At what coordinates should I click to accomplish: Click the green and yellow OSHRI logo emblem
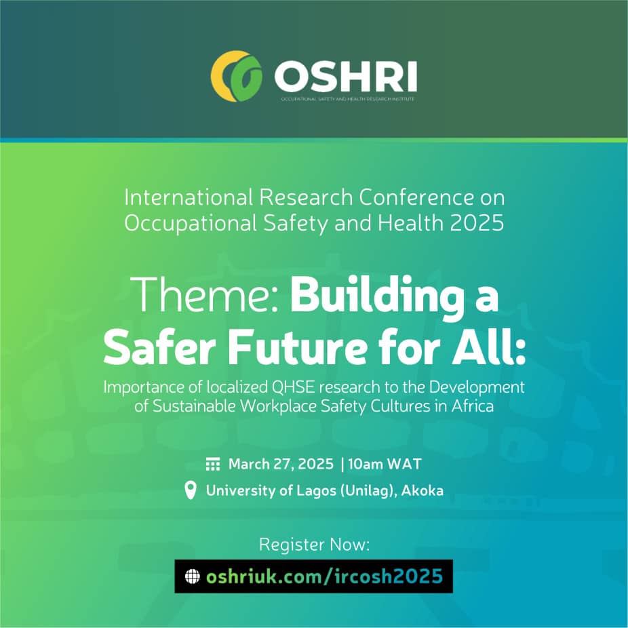pos(236,76)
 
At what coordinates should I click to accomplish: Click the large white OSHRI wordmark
pos(346,77)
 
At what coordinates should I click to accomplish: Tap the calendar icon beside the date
pos(213,464)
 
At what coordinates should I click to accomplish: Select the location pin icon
pos(191,490)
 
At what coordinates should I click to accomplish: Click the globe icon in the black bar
pos(193,576)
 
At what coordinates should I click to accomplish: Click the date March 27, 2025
pos(281,464)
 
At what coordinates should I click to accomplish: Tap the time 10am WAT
pos(385,464)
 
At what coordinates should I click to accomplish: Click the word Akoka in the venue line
pos(422,490)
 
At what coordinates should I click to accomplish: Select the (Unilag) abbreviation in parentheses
pos(368,491)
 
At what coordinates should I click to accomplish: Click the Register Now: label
pos(315,545)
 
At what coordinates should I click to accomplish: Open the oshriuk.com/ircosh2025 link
pos(324,576)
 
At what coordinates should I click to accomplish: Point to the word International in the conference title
pos(189,197)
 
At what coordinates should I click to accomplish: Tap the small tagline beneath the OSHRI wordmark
pos(348,99)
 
